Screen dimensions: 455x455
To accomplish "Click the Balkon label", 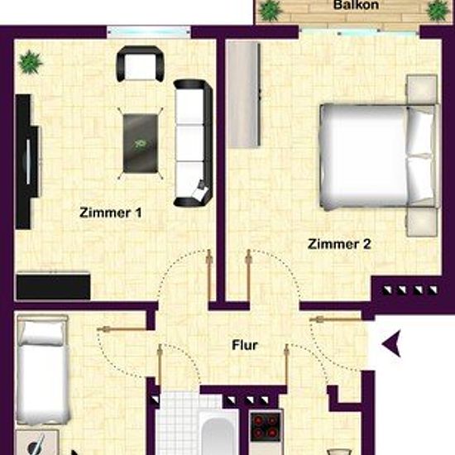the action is pos(356,5).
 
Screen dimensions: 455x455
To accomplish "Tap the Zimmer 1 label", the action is pos(111,213).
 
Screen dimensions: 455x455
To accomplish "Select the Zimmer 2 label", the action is pos(339,244).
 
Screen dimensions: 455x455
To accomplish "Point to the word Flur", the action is pos(245,345).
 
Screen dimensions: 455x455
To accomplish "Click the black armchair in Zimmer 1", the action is pos(140,63).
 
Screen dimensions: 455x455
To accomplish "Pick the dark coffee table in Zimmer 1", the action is pos(141,143).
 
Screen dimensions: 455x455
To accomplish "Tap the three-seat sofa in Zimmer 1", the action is pos(194,143).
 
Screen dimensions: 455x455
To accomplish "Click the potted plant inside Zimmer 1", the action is pos(30,61).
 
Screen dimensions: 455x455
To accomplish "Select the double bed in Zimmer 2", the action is pos(380,156).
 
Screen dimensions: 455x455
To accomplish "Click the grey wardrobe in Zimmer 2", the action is pos(243,94).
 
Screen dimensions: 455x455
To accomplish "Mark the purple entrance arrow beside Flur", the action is pos(392,343).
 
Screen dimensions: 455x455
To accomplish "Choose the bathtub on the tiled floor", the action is pos(218,433).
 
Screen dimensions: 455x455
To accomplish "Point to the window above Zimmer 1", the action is pos(149,32).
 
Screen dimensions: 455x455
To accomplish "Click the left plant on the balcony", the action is pos(271,11).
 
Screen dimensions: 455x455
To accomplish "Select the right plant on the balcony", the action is pos(438,11).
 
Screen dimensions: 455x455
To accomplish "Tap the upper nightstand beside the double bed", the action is pos(422,89).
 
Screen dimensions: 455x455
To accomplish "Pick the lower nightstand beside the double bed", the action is pos(422,222).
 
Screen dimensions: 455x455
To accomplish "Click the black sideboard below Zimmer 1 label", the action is pos(54,285).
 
